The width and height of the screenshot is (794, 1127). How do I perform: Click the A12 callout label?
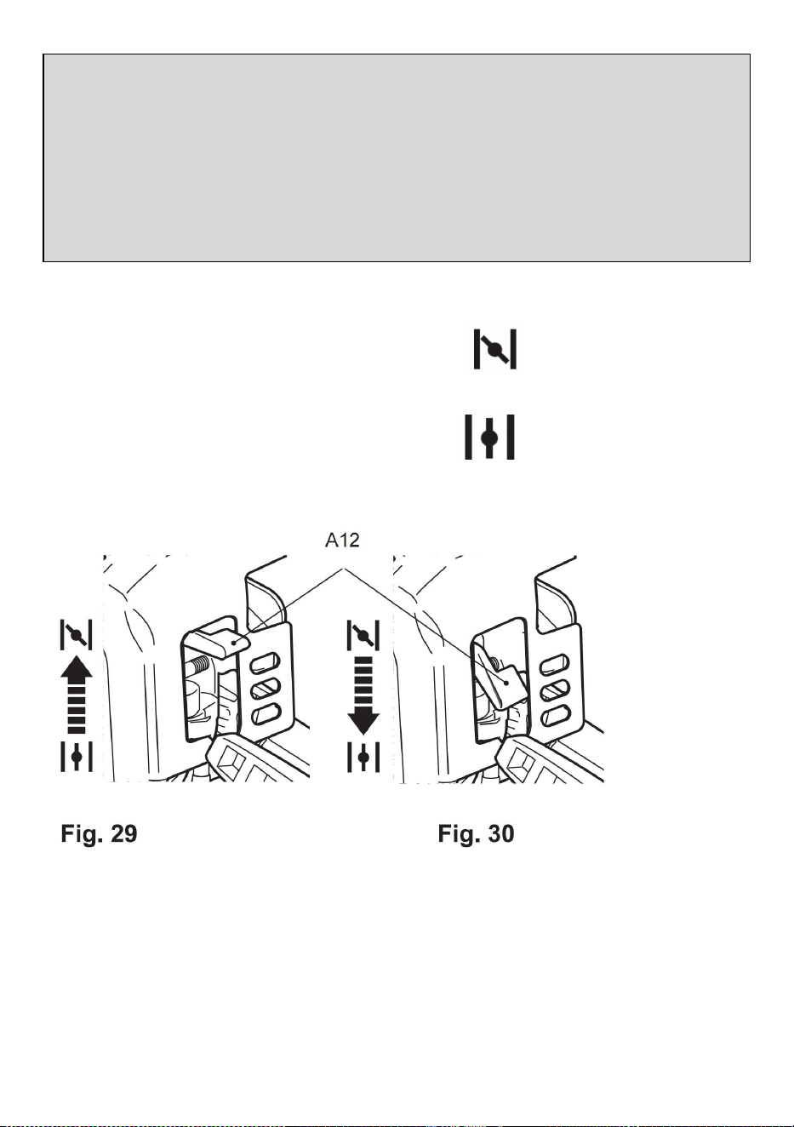tap(342, 541)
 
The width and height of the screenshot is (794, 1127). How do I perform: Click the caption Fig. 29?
tap(99, 833)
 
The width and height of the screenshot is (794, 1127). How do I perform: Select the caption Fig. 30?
tap(476, 833)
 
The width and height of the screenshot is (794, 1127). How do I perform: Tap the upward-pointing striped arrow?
tap(77, 695)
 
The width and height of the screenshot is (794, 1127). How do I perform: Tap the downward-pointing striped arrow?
tap(363, 695)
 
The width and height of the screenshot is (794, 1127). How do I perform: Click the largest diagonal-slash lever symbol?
tap(495, 349)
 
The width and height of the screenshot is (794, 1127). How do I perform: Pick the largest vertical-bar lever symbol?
tap(489, 437)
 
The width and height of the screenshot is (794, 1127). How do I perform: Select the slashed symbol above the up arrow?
tap(77, 635)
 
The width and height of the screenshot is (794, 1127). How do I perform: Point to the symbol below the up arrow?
tap(77, 756)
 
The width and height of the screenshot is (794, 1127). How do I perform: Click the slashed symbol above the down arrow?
tap(363, 635)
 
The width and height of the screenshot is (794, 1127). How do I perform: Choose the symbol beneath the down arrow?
tap(363, 757)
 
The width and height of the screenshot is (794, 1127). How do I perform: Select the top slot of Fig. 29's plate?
tap(266, 662)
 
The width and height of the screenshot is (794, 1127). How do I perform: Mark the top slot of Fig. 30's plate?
tap(555, 663)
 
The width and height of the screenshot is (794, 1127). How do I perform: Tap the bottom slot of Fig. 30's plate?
tap(556, 715)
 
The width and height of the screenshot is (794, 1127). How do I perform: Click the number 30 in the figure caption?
tap(500, 833)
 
